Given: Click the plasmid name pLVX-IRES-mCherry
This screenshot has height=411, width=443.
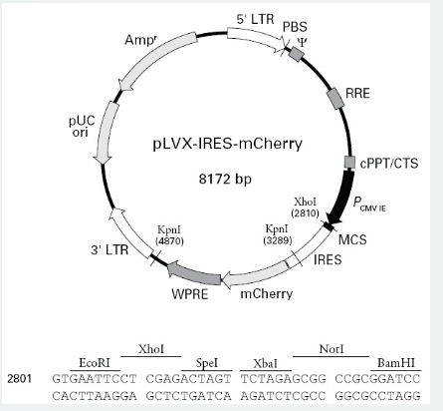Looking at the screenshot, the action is pos(228,145).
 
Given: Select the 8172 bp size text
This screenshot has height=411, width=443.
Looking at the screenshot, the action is pos(225,180).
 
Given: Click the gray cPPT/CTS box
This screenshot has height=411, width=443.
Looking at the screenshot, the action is pos(349,163).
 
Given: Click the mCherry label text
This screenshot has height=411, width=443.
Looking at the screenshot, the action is pos(267,294).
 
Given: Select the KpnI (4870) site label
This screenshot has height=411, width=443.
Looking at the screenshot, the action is pos(169,235).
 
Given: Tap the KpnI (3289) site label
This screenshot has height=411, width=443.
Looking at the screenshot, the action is pos(278,234).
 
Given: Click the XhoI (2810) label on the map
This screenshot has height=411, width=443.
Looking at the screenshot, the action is pos(306,207).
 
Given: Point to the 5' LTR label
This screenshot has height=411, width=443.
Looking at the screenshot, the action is pos(255,19).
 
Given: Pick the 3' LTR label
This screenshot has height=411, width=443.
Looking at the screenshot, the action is pos(110,249).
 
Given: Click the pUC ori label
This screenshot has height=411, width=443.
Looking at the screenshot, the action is pos(82,127).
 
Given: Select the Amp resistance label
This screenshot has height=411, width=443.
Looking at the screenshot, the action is pos(140,40).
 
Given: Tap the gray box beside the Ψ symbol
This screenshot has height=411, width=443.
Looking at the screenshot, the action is pos(296,54).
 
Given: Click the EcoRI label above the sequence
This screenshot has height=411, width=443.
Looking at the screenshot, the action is pos(95,363).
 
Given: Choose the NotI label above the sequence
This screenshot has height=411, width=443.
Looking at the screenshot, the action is pos(332,349).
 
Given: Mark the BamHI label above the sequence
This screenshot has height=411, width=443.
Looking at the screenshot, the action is pos(396,363).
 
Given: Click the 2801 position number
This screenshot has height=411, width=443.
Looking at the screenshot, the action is pos(20,379).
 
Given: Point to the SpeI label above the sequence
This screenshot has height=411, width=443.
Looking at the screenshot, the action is pos(207,363).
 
